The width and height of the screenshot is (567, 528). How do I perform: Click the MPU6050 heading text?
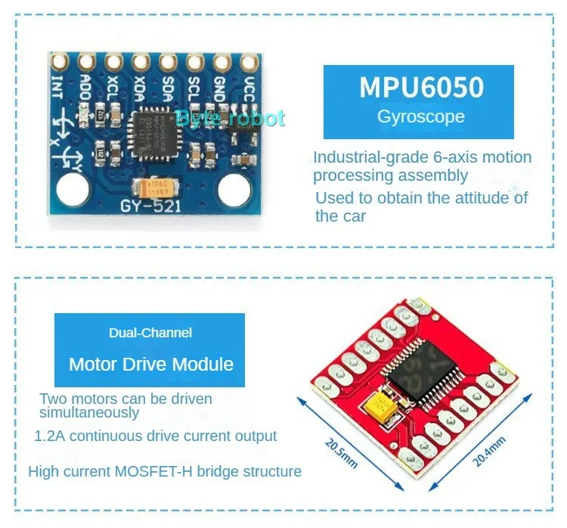(x=421, y=88)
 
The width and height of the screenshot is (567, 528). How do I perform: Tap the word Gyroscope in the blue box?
(x=420, y=117)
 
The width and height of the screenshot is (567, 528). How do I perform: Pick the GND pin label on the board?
(x=221, y=89)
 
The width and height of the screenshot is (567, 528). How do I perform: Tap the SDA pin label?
(x=167, y=89)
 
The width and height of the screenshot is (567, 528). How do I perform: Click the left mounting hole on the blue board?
(x=72, y=189)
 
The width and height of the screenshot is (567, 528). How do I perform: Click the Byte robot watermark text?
(x=230, y=118)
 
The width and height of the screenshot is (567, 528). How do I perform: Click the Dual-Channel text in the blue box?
(x=150, y=333)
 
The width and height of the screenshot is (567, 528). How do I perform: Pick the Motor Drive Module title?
(x=151, y=364)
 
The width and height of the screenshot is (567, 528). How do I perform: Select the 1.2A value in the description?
(x=50, y=436)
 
